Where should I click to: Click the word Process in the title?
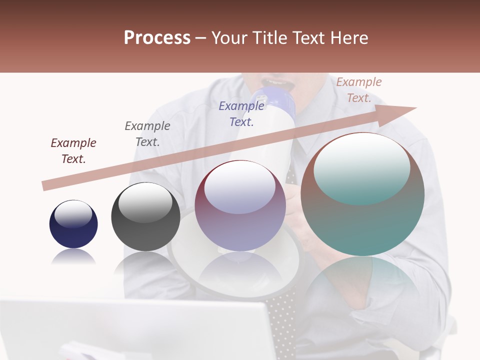(157, 38)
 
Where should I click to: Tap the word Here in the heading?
(348, 38)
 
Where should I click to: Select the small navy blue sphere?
(73, 224)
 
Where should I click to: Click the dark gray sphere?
(145, 216)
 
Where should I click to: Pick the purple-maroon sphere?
(240, 205)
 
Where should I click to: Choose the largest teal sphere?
(362, 194)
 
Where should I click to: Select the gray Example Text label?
(147, 134)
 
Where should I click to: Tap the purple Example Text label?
(241, 113)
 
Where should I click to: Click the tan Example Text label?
(359, 90)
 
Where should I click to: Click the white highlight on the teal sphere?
(362, 167)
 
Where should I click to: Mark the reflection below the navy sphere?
(73, 257)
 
